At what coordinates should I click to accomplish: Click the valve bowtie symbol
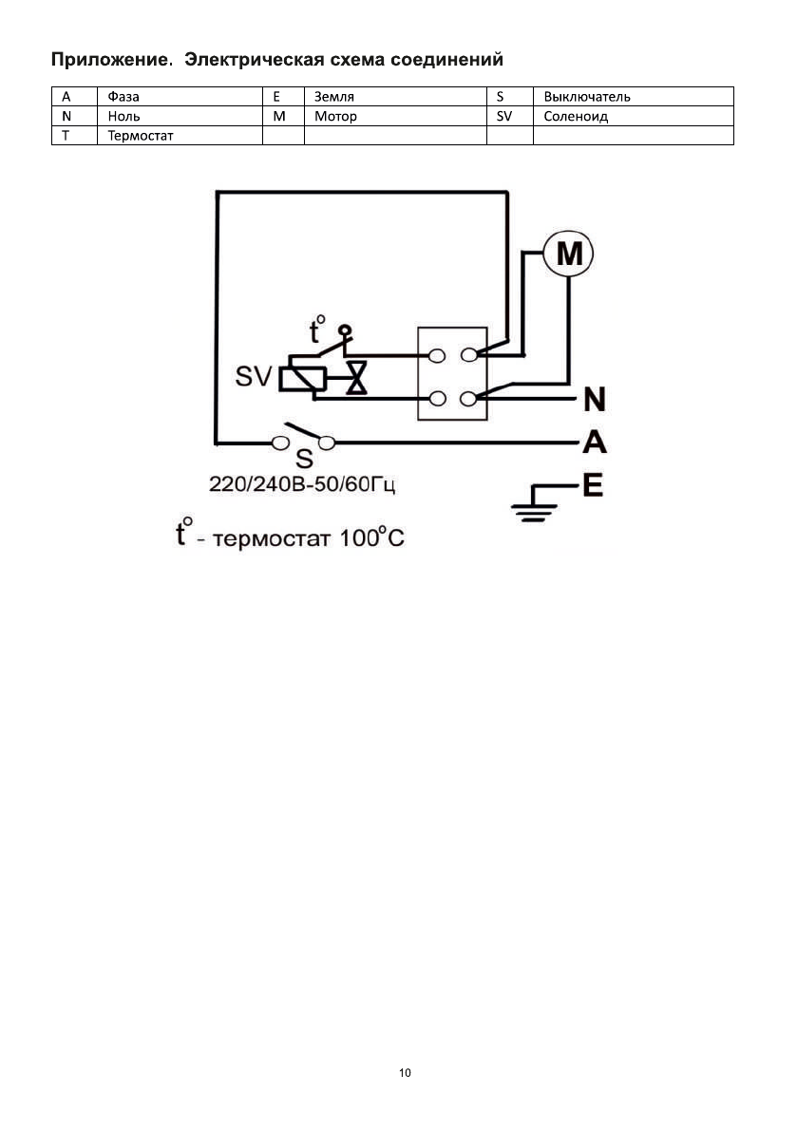[356, 379]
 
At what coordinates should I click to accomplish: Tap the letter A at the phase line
[595, 443]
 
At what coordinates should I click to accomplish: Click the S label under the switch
[304, 460]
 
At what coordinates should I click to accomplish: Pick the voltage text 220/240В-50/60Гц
[302, 485]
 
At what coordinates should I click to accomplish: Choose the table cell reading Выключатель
[587, 96]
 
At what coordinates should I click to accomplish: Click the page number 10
[406, 1073]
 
